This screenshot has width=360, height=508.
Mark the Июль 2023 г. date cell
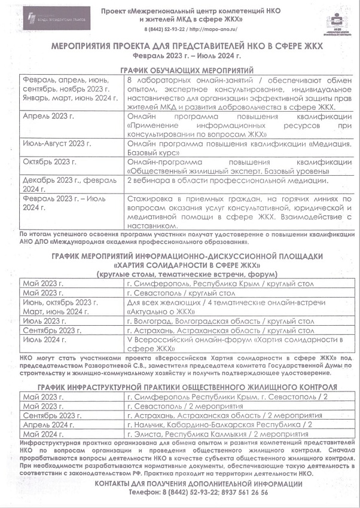[x=44, y=321]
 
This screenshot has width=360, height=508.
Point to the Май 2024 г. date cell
[x=43, y=434]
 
